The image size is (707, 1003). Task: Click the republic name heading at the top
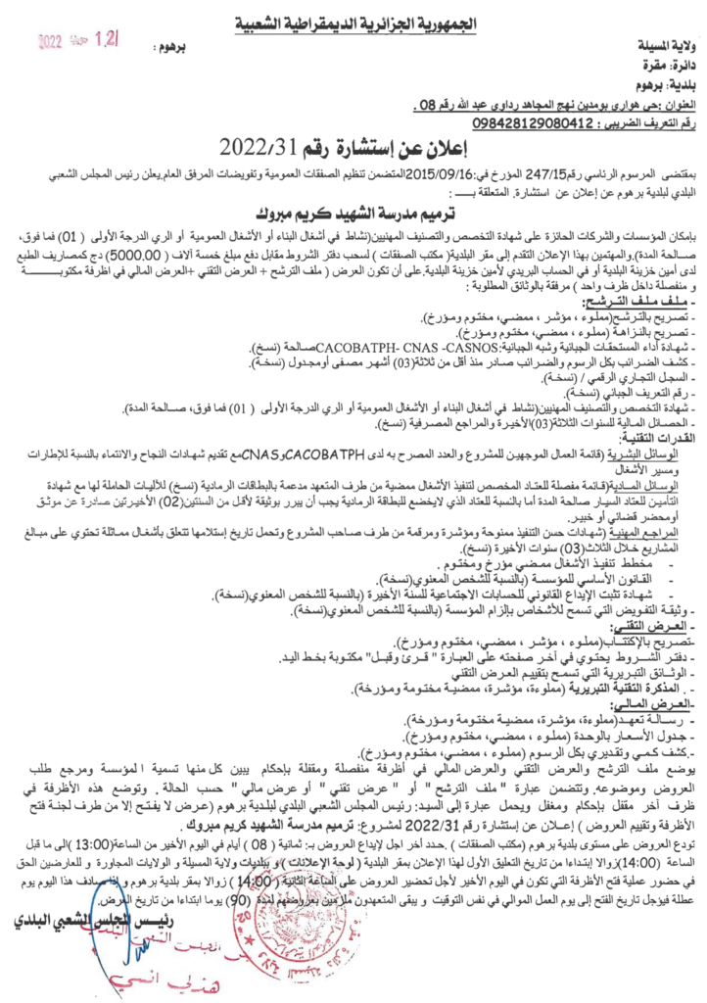tap(353, 22)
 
